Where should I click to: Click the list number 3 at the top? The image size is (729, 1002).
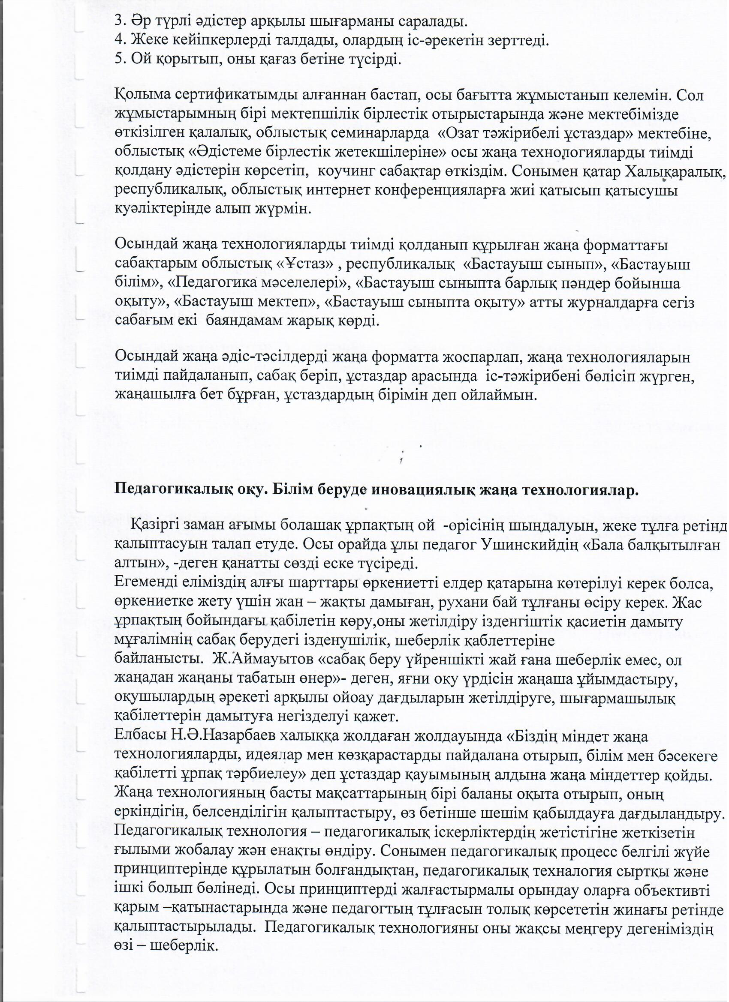click(x=118, y=21)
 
